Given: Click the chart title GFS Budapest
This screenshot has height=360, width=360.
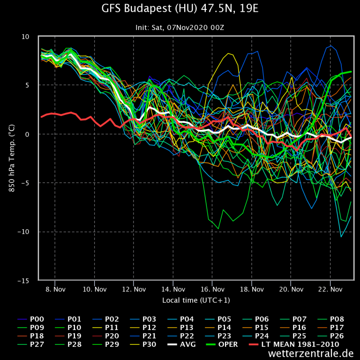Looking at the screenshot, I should click(180, 9).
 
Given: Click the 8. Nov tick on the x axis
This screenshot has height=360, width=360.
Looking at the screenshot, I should click(55, 290).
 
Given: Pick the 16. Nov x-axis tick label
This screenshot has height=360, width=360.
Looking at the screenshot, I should click(212, 290).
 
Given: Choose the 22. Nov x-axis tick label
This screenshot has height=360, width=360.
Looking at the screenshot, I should click(330, 290).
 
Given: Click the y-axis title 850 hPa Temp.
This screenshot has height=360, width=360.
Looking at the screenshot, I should click(10, 158).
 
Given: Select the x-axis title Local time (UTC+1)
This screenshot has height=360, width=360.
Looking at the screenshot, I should click(196, 300).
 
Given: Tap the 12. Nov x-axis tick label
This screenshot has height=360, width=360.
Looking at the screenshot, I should click(134, 290).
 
